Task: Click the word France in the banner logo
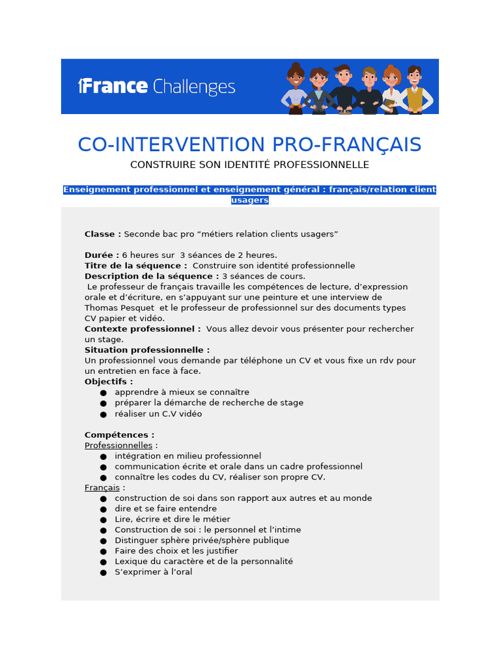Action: tap(115, 86)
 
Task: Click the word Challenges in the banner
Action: tap(193, 87)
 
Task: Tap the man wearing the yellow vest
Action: tap(414, 91)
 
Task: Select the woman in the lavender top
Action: tap(296, 91)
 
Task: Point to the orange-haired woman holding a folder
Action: tap(391, 91)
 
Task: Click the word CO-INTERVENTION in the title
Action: tap(161, 145)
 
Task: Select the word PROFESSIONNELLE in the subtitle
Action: tap(322, 165)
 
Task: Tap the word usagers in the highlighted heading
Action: tap(249, 200)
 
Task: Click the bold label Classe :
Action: tap(103, 234)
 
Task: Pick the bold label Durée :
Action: tap(102, 255)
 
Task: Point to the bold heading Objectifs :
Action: tap(109, 382)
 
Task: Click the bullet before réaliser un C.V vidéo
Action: tap(103, 414)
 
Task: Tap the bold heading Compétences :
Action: tap(120, 435)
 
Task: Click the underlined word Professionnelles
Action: tap(118, 446)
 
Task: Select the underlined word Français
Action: tap(102, 488)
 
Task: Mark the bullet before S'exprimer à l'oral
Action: tap(103, 573)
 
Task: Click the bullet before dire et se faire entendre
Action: tap(103, 509)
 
